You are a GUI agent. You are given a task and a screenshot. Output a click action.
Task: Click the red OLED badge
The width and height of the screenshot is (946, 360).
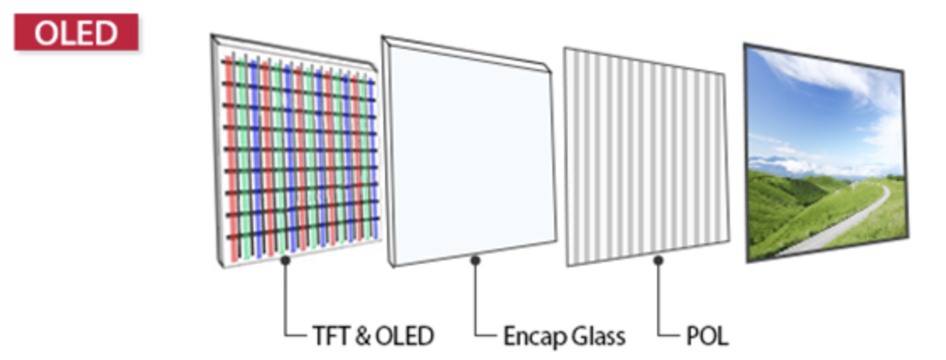[x=76, y=32]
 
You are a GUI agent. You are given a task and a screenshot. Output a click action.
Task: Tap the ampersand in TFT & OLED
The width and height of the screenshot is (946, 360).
[x=361, y=335]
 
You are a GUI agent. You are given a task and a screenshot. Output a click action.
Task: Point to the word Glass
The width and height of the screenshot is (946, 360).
[x=596, y=335]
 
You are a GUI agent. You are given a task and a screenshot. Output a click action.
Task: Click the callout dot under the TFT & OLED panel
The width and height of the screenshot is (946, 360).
[x=287, y=261]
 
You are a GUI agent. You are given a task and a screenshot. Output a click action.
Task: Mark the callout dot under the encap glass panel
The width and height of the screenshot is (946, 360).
[x=476, y=261]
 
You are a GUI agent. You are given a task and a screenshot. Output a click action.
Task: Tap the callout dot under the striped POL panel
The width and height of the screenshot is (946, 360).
[x=658, y=261]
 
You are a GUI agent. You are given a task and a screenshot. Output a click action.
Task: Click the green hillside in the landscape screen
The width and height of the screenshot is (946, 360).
[x=786, y=211]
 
